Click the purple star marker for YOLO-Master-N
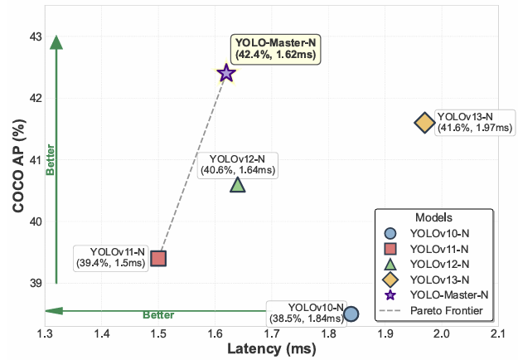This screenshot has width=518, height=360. [x=225, y=74]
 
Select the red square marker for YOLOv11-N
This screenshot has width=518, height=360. [x=158, y=258]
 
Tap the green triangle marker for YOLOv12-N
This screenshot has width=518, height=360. [x=238, y=184]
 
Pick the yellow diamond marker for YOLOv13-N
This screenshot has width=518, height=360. [x=424, y=123]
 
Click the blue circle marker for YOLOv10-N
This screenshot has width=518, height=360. [x=351, y=314]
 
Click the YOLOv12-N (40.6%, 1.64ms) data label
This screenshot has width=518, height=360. [x=238, y=164]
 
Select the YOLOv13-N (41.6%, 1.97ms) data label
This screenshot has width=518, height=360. [x=475, y=122]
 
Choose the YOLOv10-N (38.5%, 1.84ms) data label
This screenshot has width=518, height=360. [x=305, y=313]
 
